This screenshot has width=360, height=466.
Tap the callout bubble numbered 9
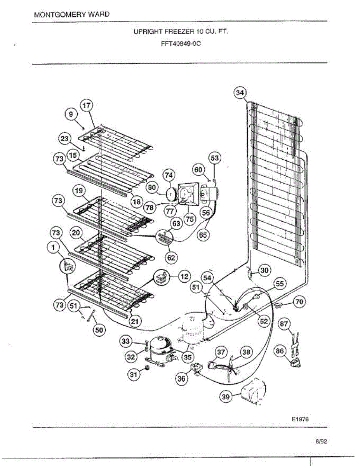pyautogui.click(x=71, y=114)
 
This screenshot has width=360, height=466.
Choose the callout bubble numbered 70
pyautogui.click(x=299, y=301)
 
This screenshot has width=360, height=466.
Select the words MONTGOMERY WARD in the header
pyautogui.click(x=72, y=15)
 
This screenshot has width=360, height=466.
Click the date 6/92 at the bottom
pyautogui.click(x=321, y=442)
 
